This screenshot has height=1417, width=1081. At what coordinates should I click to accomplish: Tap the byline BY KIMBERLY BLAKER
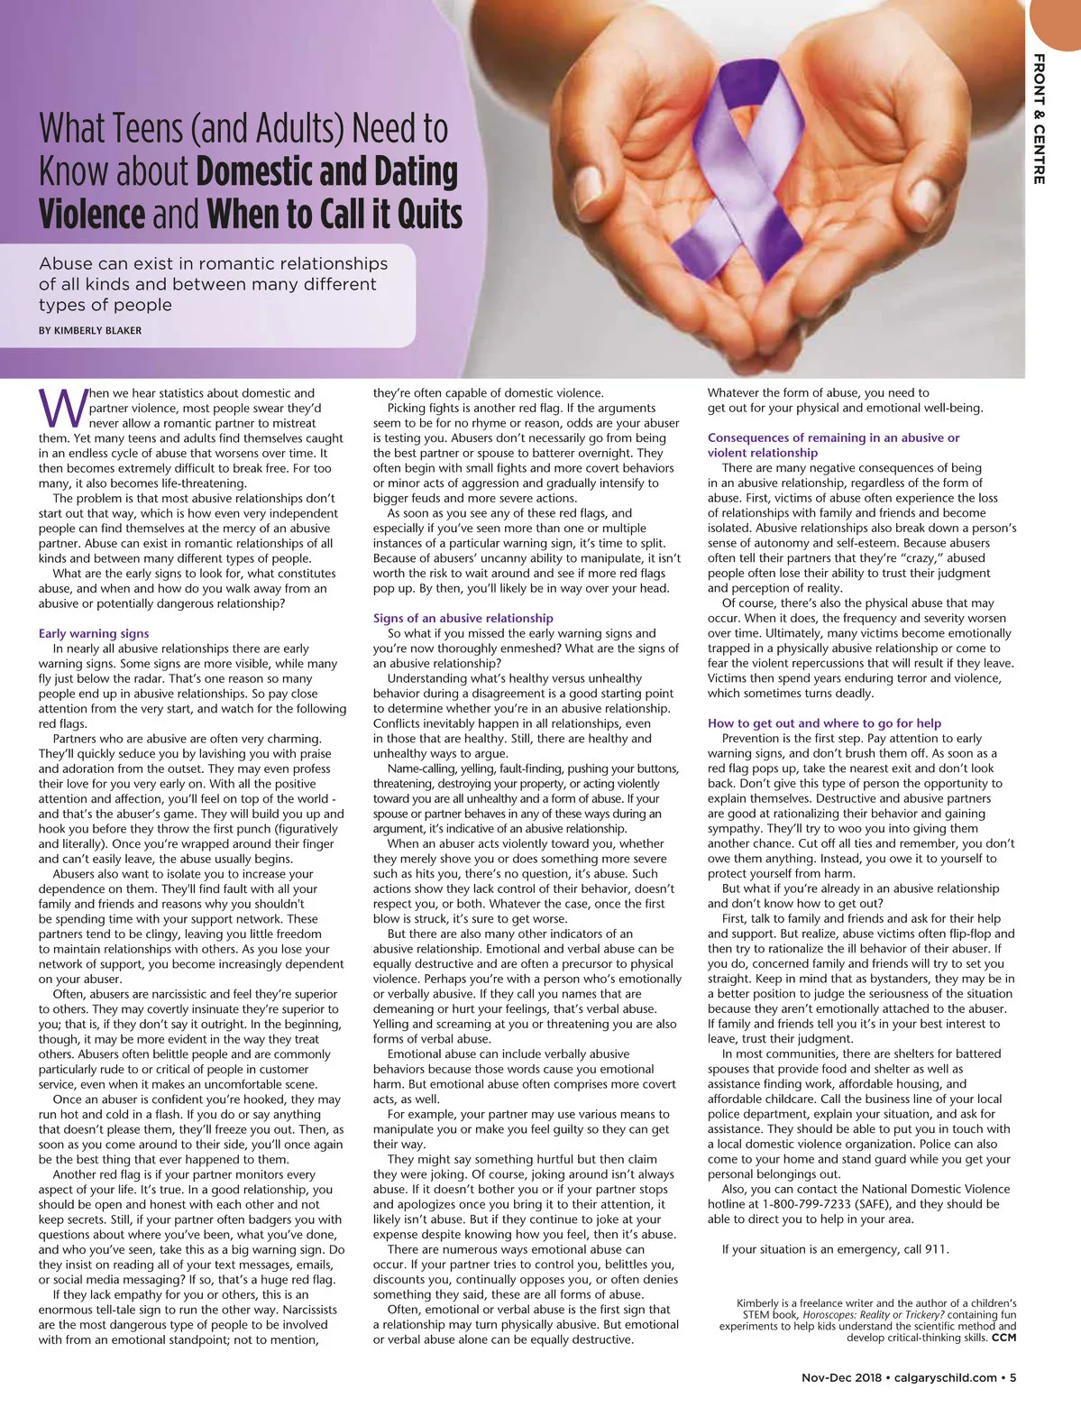90,330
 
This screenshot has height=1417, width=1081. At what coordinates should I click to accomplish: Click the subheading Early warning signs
94,633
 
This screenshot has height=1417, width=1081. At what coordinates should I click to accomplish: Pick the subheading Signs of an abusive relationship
463,618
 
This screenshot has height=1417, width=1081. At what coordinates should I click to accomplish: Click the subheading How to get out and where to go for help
824,722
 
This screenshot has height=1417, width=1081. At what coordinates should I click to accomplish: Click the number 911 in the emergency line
935,1249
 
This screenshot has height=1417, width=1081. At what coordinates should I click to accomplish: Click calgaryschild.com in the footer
946,1377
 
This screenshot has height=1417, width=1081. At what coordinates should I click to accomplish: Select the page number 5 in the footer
1013,1377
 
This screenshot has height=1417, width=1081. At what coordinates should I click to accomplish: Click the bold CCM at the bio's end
1003,1338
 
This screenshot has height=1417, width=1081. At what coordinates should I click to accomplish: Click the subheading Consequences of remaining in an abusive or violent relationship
833,445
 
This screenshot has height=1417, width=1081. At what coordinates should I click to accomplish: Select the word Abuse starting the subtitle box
66,263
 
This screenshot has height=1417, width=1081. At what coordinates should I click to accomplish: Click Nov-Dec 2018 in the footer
841,1377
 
